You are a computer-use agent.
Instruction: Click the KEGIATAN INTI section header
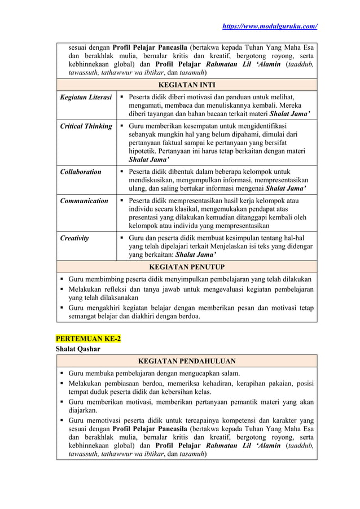coord(186,85)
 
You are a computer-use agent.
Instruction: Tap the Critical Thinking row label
coord(86,126)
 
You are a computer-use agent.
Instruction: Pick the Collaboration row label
coord(81,172)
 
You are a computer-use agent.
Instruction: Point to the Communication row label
coord(84,200)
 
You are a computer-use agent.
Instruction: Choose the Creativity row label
coord(74,238)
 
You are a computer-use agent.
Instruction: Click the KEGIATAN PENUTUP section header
coord(186,266)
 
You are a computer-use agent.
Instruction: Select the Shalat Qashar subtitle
coord(78,349)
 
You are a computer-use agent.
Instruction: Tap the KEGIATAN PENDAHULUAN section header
coord(186,361)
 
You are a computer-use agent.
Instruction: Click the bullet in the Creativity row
coord(122,238)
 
